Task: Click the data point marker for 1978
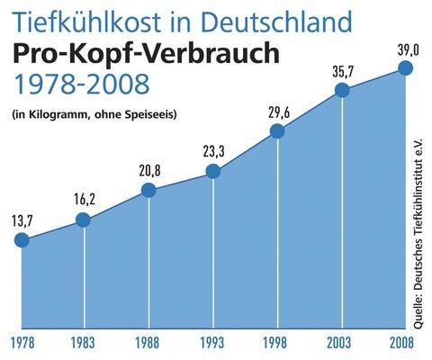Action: [22, 240]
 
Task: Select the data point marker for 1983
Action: [84, 220]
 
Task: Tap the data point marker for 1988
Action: [148, 190]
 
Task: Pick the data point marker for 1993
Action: [213, 171]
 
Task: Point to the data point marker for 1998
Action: [277, 131]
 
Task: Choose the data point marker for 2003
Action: [341, 90]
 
